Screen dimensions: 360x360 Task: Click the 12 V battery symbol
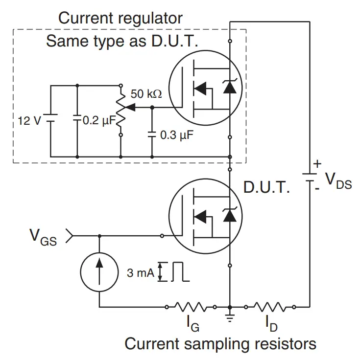coord(51,120)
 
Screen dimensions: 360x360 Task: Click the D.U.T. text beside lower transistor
coord(266,188)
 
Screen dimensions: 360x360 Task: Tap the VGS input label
coord(43,238)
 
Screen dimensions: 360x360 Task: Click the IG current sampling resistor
coord(191,307)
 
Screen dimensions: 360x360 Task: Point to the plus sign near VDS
coord(318,163)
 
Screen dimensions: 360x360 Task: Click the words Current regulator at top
coord(120,19)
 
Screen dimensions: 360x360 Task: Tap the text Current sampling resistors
coord(220,344)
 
